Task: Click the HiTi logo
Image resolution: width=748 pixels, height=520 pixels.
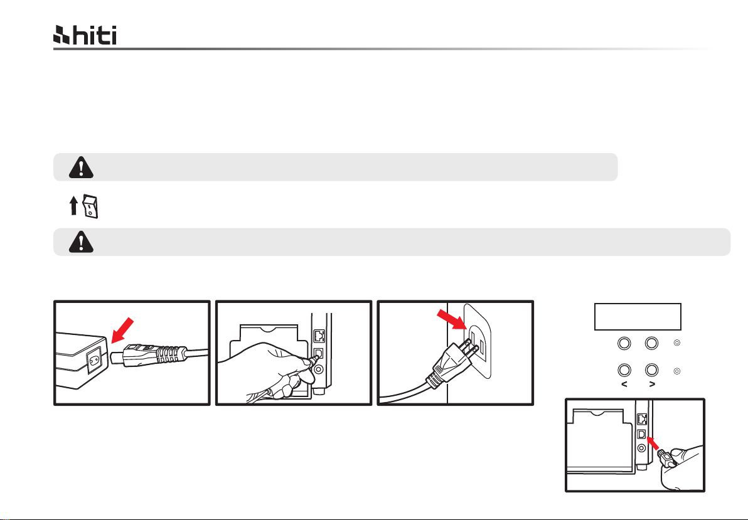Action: click(x=85, y=35)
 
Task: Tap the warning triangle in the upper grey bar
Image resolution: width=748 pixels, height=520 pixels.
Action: click(x=81, y=167)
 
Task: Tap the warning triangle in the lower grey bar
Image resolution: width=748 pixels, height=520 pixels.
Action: click(x=81, y=242)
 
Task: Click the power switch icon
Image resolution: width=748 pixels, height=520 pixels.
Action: click(x=90, y=206)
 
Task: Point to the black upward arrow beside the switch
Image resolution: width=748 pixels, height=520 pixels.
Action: click(x=73, y=206)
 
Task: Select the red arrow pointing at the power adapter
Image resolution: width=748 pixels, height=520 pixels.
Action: click(x=122, y=330)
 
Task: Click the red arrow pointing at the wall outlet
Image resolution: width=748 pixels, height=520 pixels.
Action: click(x=451, y=319)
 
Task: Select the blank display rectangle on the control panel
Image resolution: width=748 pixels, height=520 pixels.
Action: click(x=638, y=316)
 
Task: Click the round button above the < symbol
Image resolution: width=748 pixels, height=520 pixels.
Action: click(x=624, y=370)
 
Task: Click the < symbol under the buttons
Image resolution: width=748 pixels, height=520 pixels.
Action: click(x=624, y=385)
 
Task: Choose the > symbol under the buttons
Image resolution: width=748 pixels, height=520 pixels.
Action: click(x=651, y=385)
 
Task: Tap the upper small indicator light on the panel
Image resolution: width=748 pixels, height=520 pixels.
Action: click(x=676, y=343)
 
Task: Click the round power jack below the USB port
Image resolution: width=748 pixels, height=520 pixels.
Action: click(x=641, y=448)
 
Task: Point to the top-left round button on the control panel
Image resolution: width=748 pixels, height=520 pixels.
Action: click(x=624, y=343)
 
